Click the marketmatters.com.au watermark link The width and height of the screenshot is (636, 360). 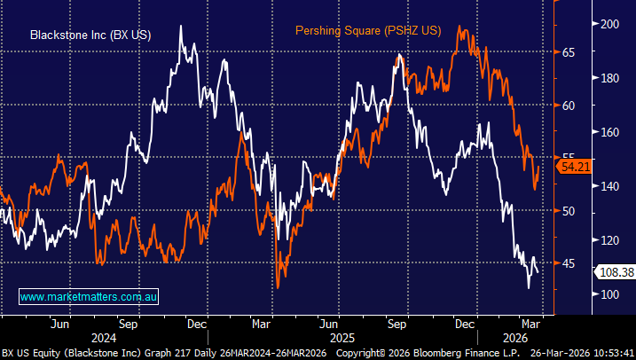89,296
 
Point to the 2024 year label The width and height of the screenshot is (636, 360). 104,338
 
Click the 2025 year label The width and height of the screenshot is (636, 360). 342,338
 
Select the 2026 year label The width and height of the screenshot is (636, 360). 515,338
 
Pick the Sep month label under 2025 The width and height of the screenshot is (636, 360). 398,323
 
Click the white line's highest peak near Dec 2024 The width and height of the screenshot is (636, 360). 182,27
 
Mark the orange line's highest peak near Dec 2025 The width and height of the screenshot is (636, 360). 460,27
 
